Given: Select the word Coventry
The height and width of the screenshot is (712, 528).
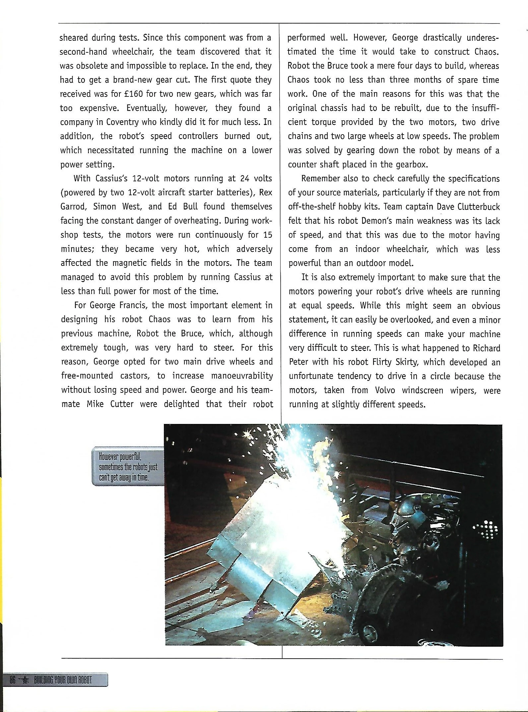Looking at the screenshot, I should click(x=123, y=122).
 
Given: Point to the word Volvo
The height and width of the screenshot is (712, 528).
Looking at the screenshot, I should click(x=385, y=390).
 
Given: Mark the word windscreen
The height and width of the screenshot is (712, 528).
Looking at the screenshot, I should click(x=422, y=390).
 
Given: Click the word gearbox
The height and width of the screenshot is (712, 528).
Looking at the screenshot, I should click(x=409, y=164).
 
